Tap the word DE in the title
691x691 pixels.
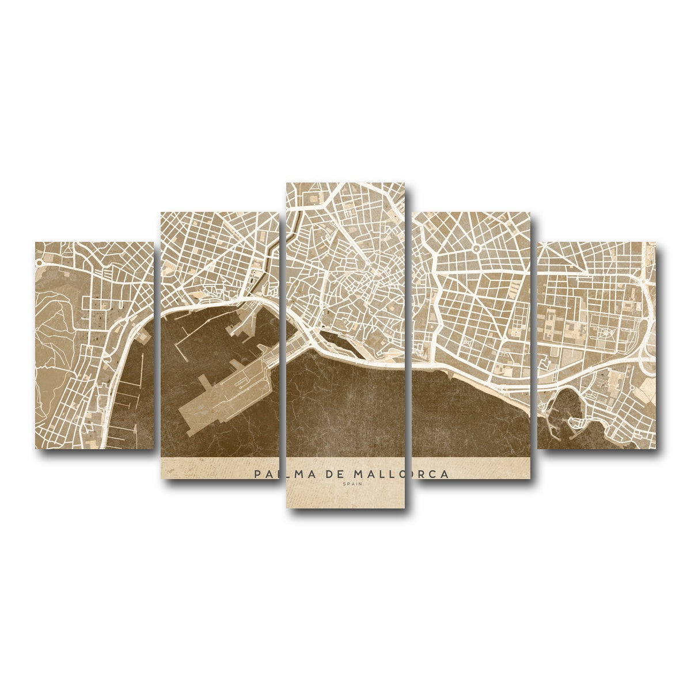click(339, 474)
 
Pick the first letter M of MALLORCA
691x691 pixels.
click(358, 474)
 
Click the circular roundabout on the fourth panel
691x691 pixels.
click(477, 249)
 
